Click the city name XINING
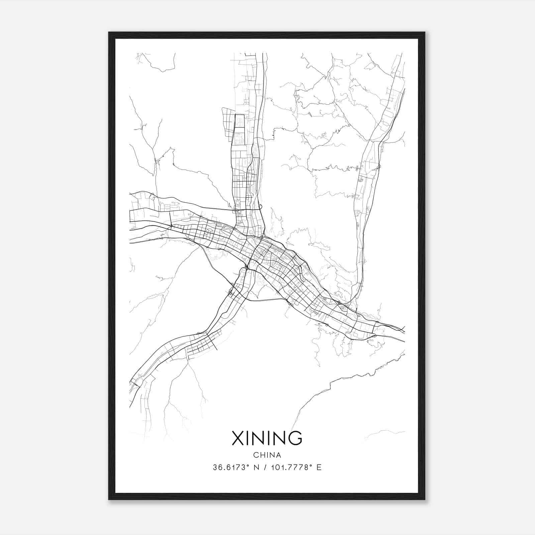click(267, 438)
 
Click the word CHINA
click(267, 455)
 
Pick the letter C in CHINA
click(256, 455)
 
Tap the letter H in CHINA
click(262, 455)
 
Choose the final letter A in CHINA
click(279, 455)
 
